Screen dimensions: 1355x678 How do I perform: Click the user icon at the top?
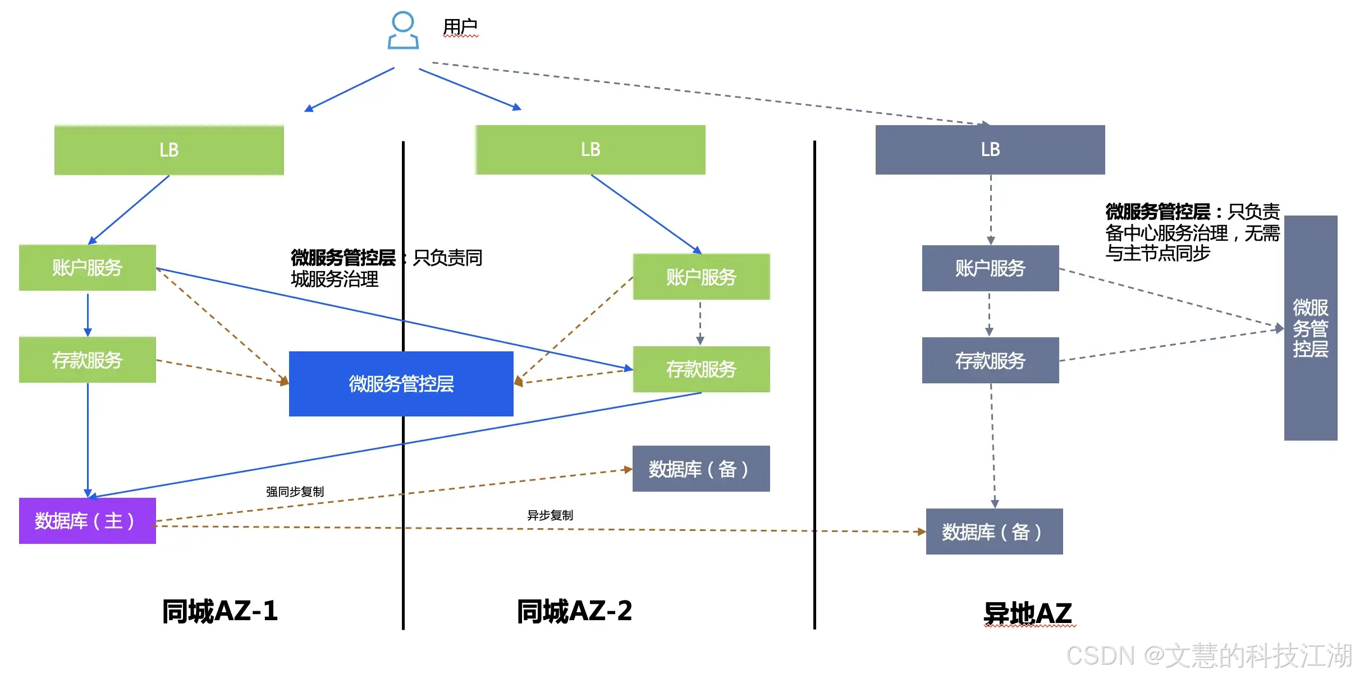(403, 30)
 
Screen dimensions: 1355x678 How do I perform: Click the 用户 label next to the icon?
(460, 26)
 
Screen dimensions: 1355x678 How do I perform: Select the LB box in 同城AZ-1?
(169, 150)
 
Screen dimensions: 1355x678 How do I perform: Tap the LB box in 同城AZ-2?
(590, 149)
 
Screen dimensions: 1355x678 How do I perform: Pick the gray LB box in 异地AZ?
(990, 149)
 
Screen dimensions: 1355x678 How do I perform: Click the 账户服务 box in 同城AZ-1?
(88, 268)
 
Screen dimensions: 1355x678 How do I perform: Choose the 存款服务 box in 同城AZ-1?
(88, 360)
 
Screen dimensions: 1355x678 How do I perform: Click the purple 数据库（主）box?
(88, 521)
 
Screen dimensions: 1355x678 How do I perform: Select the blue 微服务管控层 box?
(401, 384)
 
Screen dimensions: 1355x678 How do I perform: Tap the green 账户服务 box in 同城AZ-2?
(702, 277)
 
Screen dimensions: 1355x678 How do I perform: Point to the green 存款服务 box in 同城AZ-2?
(702, 369)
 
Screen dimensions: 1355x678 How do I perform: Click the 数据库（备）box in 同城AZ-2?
(701, 469)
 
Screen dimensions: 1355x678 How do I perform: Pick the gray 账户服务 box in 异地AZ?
(991, 268)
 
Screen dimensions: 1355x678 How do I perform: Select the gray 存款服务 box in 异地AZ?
(991, 360)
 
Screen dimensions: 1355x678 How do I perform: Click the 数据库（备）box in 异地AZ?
(995, 532)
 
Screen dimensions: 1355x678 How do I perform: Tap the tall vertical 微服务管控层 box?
(1311, 328)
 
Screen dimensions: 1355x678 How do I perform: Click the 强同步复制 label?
(295, 492)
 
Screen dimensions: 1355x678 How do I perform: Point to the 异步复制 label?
(550, 515)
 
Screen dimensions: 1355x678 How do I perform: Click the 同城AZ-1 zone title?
(220, 611)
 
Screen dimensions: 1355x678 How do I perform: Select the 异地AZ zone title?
(1028, 613)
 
